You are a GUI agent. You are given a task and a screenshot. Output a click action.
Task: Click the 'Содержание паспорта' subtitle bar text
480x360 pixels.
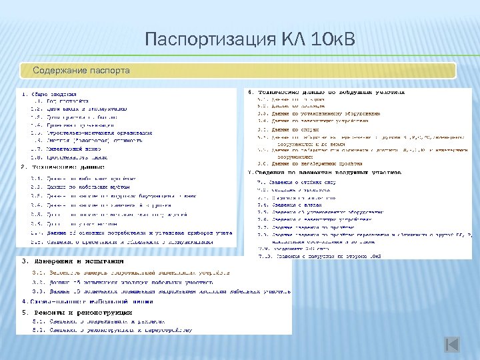[x=81, y=70]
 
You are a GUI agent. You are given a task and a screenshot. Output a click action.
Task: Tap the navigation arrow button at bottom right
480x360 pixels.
[x=452, y=345]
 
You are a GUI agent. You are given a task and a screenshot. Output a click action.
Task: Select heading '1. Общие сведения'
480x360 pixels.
[x=49, y=94]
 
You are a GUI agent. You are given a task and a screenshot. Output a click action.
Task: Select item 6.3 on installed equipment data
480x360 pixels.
[x=319, y=113]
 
